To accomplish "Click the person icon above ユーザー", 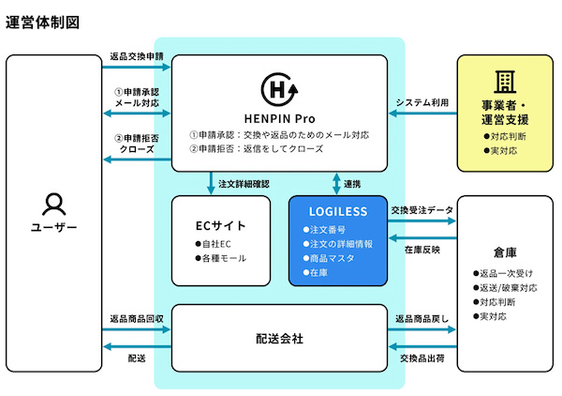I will tap(53, 204).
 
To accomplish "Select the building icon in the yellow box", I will tap(506, 81).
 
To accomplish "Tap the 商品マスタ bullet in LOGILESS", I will tap(328, 258).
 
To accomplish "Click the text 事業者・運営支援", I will tap(505, 112).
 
